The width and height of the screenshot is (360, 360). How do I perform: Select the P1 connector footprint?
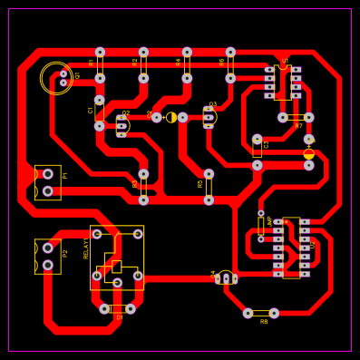pos(47,182)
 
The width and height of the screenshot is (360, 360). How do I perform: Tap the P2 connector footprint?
pos(47,256)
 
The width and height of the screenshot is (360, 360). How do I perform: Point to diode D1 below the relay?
pos(117,309)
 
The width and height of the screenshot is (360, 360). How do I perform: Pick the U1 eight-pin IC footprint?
pos(283,82)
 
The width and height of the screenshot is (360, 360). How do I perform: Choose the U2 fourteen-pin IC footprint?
pos(291,248)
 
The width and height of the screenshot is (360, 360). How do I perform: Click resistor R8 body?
pos(260,314)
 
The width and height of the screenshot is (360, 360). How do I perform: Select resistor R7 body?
pos(296,117)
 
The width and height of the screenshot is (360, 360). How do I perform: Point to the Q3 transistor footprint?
pos(209,117)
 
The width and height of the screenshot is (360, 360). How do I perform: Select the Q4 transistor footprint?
pos(227,278)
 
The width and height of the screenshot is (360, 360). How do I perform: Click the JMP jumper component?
pos(260,226)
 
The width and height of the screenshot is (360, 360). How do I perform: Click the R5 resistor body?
pos(209,187)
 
